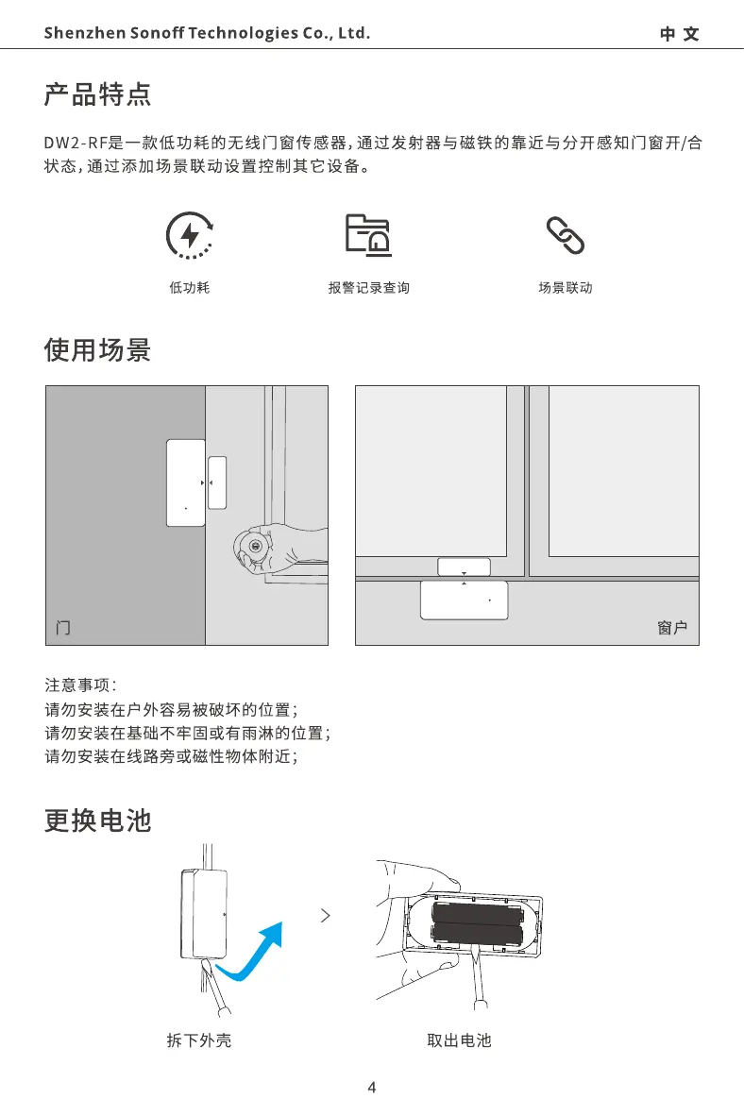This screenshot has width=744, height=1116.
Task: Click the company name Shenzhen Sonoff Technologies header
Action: [207, 34]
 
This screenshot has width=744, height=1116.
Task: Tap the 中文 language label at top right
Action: [679, 34]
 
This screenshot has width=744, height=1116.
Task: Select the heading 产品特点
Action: [98, 95]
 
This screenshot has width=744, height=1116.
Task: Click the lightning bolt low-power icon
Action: [189, 234]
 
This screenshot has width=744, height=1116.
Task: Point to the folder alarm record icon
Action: [368, 234]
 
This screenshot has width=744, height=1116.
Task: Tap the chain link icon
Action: [566, 234]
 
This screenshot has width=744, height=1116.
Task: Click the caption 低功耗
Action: [189, 288]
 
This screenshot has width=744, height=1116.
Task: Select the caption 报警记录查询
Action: [368, 288]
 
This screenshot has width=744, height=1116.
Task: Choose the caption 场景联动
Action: [566, 288]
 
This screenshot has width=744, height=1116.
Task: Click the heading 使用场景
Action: [98, 351]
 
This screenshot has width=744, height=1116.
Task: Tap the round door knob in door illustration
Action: [252, 547]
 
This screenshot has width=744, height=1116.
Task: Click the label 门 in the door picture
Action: [63, 628]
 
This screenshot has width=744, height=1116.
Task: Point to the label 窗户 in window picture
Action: [671, 628]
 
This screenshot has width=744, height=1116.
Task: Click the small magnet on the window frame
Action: [464, 566]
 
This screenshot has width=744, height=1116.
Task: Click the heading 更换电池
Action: [98, 820]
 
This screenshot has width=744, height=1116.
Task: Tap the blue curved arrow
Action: [253, 952]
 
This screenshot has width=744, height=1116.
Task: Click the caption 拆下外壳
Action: [199, 1040]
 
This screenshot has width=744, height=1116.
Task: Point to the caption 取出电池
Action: [460, 1040]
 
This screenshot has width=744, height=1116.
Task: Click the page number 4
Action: [371, 1088]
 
